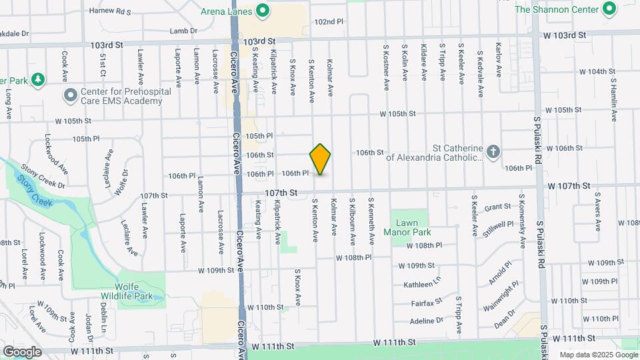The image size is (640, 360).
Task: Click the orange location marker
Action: pos(321,159)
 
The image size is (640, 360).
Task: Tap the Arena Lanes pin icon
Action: pos(263,11)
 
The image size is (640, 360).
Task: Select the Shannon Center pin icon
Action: pos(608,9)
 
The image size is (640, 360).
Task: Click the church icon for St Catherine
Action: pos(493,152)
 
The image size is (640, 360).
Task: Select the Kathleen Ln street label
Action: pos(423,285)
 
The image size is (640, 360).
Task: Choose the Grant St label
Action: pos(497,208)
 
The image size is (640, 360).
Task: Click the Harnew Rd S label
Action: pos(111,11)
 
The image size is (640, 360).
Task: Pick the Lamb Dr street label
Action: pos(184,31)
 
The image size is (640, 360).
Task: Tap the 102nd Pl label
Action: pos(329,21)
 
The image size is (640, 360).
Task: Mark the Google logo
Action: pos(22,351)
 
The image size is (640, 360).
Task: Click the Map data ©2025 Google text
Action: pos(598,355)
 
